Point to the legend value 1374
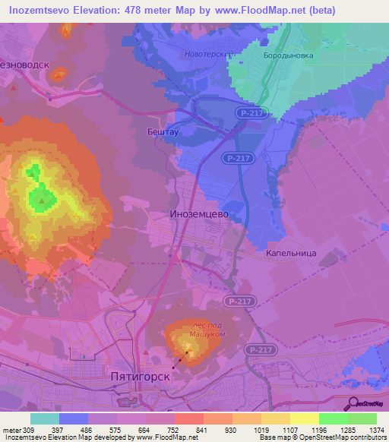coord(377,431)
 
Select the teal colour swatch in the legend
coord(45,418)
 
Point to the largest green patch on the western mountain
coord(43,200)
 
